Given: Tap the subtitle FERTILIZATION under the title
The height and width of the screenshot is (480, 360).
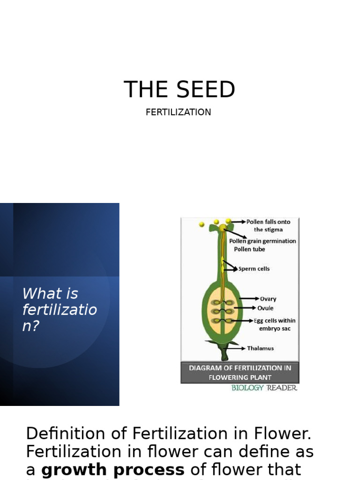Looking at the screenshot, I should coord(178,112).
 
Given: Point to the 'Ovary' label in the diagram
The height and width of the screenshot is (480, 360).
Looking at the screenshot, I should coord(268,299).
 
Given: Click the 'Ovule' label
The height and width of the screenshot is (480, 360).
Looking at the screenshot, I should coord(265,308).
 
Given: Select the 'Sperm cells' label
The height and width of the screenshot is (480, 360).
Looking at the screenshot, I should coord(254,269).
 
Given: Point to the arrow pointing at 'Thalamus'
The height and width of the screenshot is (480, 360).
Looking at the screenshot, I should coord(238,348).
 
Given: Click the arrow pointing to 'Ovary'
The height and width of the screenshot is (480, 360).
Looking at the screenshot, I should coord(249,299).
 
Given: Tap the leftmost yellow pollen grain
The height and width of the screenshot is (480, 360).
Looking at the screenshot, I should coord(202,225).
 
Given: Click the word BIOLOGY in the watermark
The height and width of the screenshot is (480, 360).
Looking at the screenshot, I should coord(247,388).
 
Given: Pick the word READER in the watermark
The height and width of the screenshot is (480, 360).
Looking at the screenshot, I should coord(282,388).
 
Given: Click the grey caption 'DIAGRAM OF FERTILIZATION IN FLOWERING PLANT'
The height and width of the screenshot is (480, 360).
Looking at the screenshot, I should coord(240,373).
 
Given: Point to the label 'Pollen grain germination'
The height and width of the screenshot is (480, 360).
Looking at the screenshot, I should coord(262,241).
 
